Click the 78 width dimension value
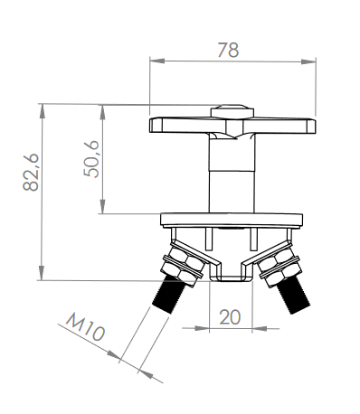click(228, 51)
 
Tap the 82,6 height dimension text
click(31, 173)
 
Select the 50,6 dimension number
click(91, 159)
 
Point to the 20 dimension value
click(230, 317)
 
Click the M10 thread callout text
click(86, 327)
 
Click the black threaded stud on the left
click(166, 296)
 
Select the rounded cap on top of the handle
click(232, 111)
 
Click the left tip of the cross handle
click(151, 126)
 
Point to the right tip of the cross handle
click(315, 126)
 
